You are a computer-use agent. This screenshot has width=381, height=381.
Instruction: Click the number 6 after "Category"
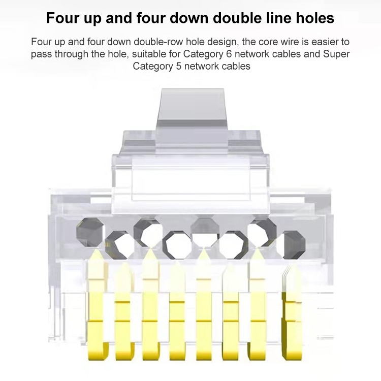229,54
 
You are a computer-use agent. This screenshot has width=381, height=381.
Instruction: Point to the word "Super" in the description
336,54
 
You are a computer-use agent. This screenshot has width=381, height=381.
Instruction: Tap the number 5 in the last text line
179,66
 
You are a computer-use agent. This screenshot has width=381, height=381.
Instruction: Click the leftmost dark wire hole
89,232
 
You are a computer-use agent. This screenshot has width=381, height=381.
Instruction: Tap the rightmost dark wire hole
294,244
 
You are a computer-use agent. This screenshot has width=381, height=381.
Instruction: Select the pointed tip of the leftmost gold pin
97,249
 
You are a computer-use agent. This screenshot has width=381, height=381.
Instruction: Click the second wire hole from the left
120,244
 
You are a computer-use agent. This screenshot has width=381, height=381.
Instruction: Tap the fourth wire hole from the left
177,244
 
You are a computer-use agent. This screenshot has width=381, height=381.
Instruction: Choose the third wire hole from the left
148,232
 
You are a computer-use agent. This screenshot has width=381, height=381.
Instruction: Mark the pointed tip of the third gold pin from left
150,249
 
